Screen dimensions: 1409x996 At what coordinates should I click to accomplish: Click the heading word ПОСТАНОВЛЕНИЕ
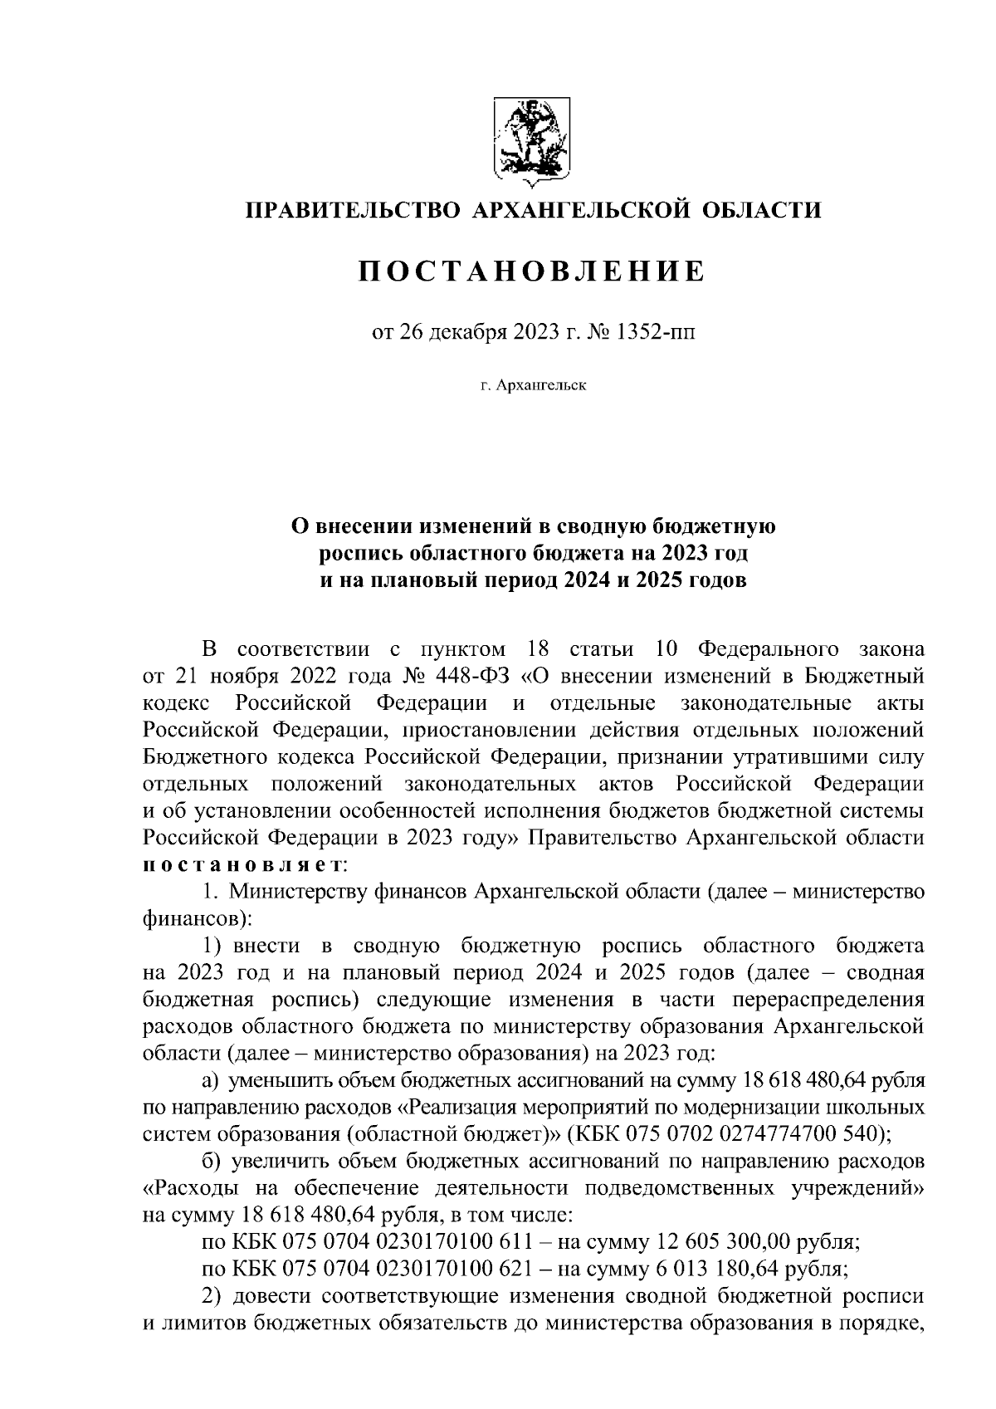click(x=532, y=272)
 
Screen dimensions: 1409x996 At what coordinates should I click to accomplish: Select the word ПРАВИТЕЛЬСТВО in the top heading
click(x=349, y=210)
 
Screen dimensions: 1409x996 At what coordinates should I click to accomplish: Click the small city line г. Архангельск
click(x=532, y=386)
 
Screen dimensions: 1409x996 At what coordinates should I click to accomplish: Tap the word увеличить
click(x=276, y=1161)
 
